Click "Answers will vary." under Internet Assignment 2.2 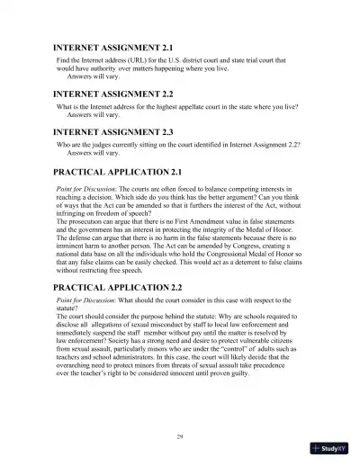[x=90, y=115]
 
